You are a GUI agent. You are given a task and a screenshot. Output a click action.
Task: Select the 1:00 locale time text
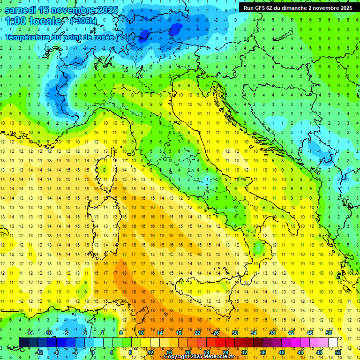pyautogui.click(x=33, y=21)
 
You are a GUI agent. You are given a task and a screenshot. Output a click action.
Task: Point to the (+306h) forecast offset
pyautogui.click(x=83, y=21)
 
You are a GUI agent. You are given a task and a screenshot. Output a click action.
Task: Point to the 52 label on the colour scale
pyautogui.click(x=338, y=352)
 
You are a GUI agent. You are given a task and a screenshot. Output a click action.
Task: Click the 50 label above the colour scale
pyautogui.click(x=329, y=333)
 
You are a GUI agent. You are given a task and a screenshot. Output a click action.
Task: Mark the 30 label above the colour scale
pyautogui.click(x=235, y=333)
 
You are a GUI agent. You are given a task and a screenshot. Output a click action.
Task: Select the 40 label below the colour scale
pyautogui.click(x=282, y=352)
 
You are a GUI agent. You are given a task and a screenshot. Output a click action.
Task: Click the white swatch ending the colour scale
pyautogui.click(x=333, y=343)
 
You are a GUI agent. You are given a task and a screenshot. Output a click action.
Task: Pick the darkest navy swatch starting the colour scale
pyautogui.click(x=23, y=343)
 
